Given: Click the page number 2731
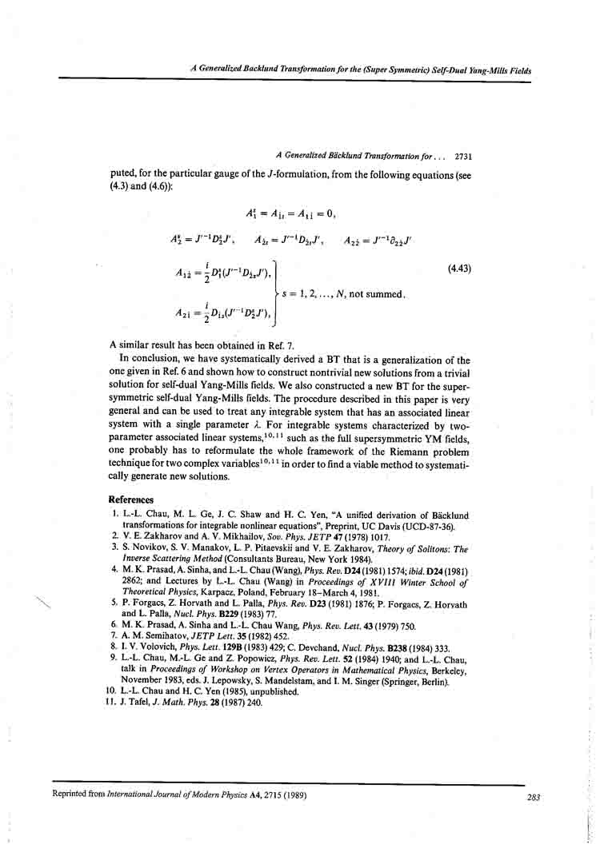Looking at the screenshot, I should tap(463, 157).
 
